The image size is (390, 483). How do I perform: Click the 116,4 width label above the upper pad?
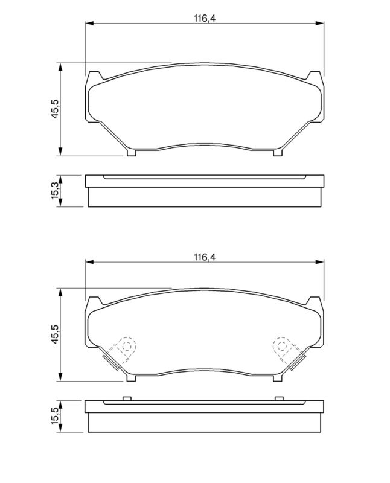click(x=205, y=18)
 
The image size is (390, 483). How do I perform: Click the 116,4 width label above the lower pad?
click(x=205, y=257)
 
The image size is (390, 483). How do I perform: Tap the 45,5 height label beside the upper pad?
click(x=56, y=109)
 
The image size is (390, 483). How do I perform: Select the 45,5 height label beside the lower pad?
click(x=56, y=334)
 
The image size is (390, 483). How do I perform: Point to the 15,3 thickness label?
click(x=56, y=191)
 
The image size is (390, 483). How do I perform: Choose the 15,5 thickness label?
click(x=56, y=417)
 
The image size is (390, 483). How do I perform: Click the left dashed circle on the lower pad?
click(x=127, y=347)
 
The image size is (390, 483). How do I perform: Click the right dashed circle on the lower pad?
click(x=282, y=347)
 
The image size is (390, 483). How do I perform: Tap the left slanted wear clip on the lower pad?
click(x=110, y=362)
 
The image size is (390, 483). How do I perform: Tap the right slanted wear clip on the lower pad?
click(x=298, y=362)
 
